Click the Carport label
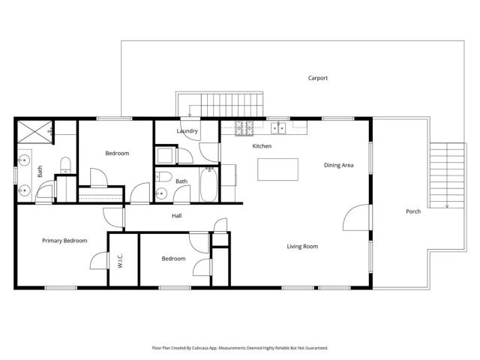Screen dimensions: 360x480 tap(317, 78)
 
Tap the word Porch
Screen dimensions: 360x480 tap(412, 211)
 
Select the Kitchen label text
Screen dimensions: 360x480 tap(262, 145)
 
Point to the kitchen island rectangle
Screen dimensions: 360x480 tap(272, 169)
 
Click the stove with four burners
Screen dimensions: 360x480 tap(244, 128)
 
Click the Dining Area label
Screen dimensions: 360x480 tap(338, 165)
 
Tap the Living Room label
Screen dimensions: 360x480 tap(302, 246)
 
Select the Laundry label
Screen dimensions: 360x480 tap(187, 131)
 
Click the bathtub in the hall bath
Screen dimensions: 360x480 tap(209, 185)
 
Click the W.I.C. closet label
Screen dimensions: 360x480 tap(120, 262)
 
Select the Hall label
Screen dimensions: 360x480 tap(176, 216)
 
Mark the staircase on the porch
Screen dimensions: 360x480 tap(443, 174)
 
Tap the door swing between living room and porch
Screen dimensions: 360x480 tap(356, 217)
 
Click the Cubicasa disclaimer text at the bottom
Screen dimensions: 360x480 tap(240, 348)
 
